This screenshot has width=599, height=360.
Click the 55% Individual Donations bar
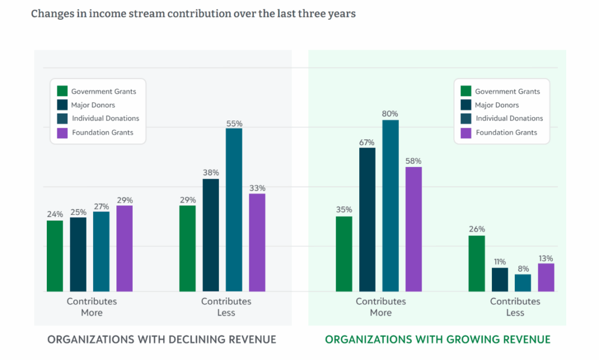(234, 210)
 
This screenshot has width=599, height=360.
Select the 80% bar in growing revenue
(390, 205)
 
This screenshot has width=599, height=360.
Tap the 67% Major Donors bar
(367, 220)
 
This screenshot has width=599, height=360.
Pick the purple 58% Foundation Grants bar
(414, 229)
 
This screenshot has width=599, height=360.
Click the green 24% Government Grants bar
(55, 256)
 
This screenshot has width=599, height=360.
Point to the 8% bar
(523, 283)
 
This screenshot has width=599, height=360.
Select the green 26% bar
(477, 263)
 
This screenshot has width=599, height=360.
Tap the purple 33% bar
(257, 243)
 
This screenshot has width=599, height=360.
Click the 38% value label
(211, 173)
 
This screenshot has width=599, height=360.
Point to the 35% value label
(344, 210)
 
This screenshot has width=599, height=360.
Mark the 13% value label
(546, 259)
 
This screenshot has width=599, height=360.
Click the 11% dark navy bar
(500, 280)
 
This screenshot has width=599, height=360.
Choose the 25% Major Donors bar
(78, 255)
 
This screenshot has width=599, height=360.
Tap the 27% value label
(102, 207)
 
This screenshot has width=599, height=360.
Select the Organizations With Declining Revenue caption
(161, 340)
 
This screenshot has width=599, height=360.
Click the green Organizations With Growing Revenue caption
(438, 340)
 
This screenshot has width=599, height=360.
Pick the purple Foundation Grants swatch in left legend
(62, 133)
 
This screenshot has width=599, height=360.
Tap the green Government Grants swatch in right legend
(466, 91)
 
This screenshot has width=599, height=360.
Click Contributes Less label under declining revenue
(226, 307)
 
